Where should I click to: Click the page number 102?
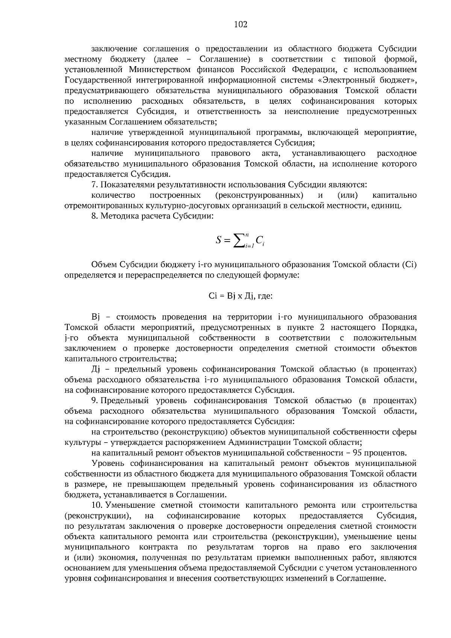point(241,25)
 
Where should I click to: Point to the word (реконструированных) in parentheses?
point(260,195)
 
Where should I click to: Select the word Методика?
point(118,216)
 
